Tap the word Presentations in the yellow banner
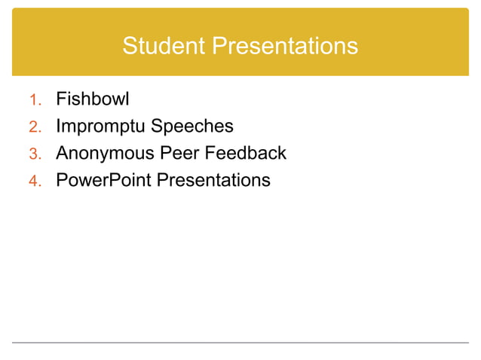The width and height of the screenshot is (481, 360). (284, 47)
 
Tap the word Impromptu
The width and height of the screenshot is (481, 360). (106, 127)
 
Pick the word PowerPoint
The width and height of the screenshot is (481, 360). (104, 180)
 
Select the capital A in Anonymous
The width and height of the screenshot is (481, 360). (62, 153)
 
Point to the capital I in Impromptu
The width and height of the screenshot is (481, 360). (59, 126)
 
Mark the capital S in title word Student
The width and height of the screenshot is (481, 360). (129, 47)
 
